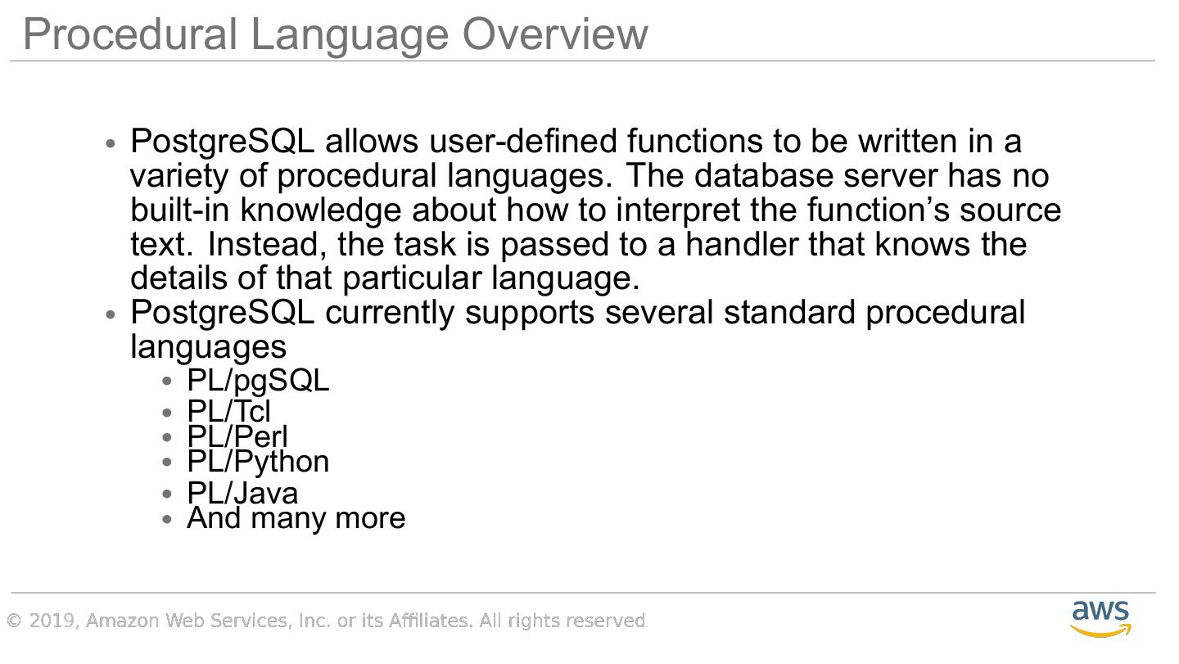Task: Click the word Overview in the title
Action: (555, 34)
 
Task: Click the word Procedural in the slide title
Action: (130, 34)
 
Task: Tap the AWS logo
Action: (1100, 619)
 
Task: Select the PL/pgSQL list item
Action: (258, 381)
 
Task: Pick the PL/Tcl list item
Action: (228, 411)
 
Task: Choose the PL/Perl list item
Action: (237, 436)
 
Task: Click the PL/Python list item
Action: (258, 463)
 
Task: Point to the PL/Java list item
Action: (242, 493)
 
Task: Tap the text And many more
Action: (296, 518)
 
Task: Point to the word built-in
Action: (179, 210)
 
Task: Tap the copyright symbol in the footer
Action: (14, 621)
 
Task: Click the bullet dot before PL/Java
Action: (167, 494)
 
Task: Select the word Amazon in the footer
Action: (122, 621)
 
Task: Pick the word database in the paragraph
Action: (764, 175)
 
